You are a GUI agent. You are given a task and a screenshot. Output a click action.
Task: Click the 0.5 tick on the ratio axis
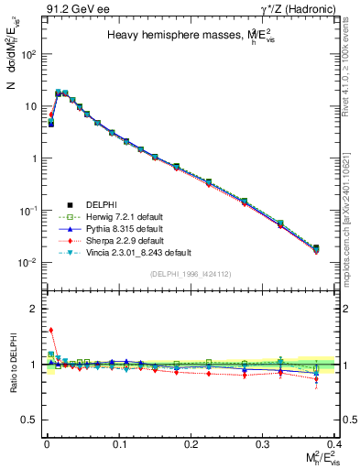(32, 420)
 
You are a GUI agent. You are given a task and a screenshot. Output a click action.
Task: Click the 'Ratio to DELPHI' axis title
(12, 364)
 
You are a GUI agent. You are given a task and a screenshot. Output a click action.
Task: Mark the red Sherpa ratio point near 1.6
(51, 331)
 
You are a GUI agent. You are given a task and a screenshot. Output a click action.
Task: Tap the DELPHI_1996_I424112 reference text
(190, 274)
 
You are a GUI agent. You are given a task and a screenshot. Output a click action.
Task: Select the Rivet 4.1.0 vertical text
(351, 64)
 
